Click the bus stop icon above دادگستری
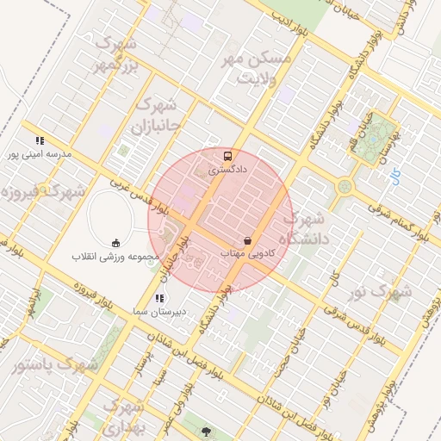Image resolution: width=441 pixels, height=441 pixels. [x=227, y=156]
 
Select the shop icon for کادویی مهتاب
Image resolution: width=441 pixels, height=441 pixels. [x=248, y=240]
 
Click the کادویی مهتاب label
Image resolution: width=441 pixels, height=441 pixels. [x=248, y=254]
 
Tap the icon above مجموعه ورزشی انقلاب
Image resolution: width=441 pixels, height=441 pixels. [x=116, y=243]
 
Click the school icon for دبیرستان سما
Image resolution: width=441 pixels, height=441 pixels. [x=158, y=298]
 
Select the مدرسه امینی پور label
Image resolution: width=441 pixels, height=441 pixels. [x=39, y=154]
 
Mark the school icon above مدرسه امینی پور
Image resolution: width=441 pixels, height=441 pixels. [x=39, y=140]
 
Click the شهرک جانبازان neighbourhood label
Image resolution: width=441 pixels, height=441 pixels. [x=156, y=115]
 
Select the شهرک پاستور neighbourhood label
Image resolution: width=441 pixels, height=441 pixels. [x=54, y=364]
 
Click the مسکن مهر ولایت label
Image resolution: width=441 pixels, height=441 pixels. [x=259, y=69]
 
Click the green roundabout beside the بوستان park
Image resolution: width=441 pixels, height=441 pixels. [x=345, y=186]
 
